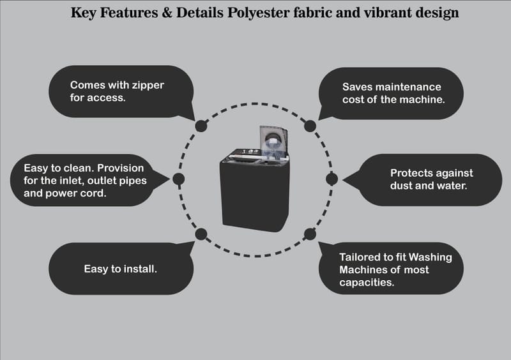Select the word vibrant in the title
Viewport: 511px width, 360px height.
coord(387,13)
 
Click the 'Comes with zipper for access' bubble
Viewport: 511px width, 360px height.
coord(121,91)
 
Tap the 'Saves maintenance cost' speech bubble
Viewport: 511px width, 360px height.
coord(390,93)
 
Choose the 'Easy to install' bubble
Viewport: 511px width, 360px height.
coord(121,269)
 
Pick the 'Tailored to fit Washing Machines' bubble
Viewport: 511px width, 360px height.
coord(396,269)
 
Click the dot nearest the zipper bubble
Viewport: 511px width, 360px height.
coord(201,126)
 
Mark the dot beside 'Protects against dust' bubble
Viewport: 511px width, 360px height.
coord(332,179)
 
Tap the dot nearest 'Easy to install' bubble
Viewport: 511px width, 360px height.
coord(201,234)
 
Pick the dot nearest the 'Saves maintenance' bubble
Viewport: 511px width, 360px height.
coord(310,126)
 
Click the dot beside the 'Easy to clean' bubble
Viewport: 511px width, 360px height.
coord(179,179)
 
